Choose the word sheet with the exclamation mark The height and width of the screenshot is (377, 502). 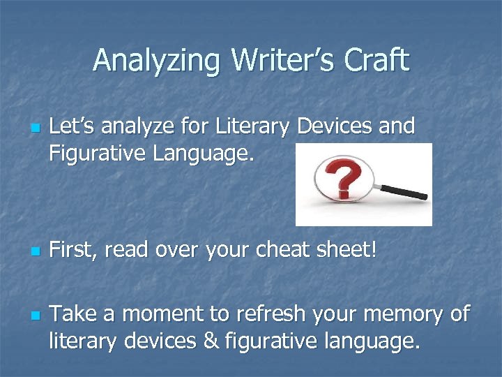click(344, 249)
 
